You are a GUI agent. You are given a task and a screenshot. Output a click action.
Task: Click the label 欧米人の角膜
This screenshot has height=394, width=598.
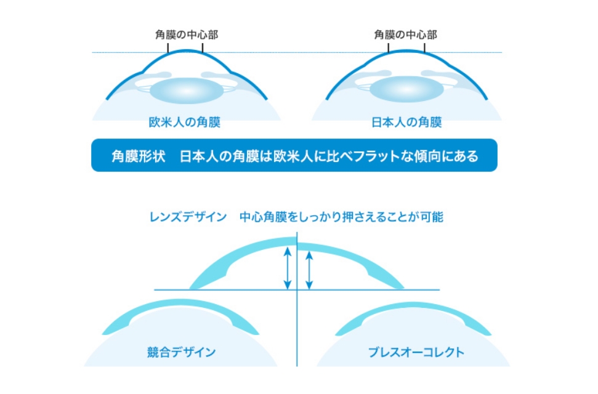pyautogui.click(x=185, y=122)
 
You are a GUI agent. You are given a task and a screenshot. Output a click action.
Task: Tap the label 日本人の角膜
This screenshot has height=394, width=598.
pyautogui.click(x=406, y=122)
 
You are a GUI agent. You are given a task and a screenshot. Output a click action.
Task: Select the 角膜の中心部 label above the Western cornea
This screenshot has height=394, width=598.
pyautogui.click(x=187, y=34)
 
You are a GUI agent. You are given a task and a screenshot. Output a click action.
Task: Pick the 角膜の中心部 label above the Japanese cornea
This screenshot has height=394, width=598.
pyautogui.click(x=405, y=34)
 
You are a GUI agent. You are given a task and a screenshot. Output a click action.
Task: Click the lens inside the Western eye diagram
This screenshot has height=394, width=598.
pyautogui.click(x=187, y=90)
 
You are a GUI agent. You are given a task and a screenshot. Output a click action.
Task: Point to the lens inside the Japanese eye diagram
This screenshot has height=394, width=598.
pyautogui.click(x=406, y=89)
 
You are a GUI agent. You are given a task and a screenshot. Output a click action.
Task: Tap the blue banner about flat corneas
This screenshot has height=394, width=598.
pyautogui.click(x=294, y=155)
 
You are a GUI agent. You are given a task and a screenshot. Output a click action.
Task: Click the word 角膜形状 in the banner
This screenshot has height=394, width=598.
pyautogui.click(x=139, y=156)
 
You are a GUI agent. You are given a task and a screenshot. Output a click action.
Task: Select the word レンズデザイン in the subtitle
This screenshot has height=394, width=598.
pyautogui.click(x=188, y=217)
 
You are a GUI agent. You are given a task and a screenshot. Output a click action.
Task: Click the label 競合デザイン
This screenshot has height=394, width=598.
pyautogui.click(x=182, y=352)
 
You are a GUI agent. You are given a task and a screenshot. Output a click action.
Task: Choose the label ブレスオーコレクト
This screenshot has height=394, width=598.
pyautogui.click(x=416, y=352)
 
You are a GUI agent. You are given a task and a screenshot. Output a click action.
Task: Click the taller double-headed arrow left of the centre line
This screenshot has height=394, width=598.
pyautogui.click(x=288, y=268)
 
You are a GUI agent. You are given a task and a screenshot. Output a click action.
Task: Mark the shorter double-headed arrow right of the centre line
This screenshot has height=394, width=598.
pyautogui.click(x=309, y=270)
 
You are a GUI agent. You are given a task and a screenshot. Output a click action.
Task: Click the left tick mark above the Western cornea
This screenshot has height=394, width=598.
pyautogui.click(x=168, y=47)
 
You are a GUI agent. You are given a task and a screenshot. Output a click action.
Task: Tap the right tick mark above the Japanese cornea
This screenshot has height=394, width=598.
pyautogui.click(x=424, y=47)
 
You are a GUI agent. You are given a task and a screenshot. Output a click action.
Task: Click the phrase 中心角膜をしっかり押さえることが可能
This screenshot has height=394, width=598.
pyautogui.click(x=341, y=217)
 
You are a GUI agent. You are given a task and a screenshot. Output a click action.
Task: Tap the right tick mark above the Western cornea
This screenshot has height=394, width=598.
pyautogui.click(x=203, y=47)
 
